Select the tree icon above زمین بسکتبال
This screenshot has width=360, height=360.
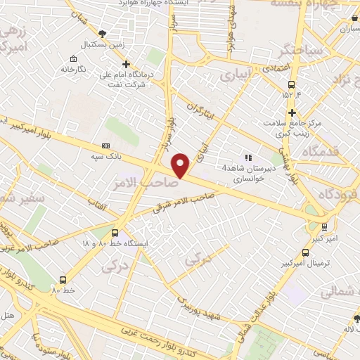tap(103, 33)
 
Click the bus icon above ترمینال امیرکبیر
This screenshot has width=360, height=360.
tap(305, 252)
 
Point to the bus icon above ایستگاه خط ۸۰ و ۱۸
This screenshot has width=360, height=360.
tap(115, 233)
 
